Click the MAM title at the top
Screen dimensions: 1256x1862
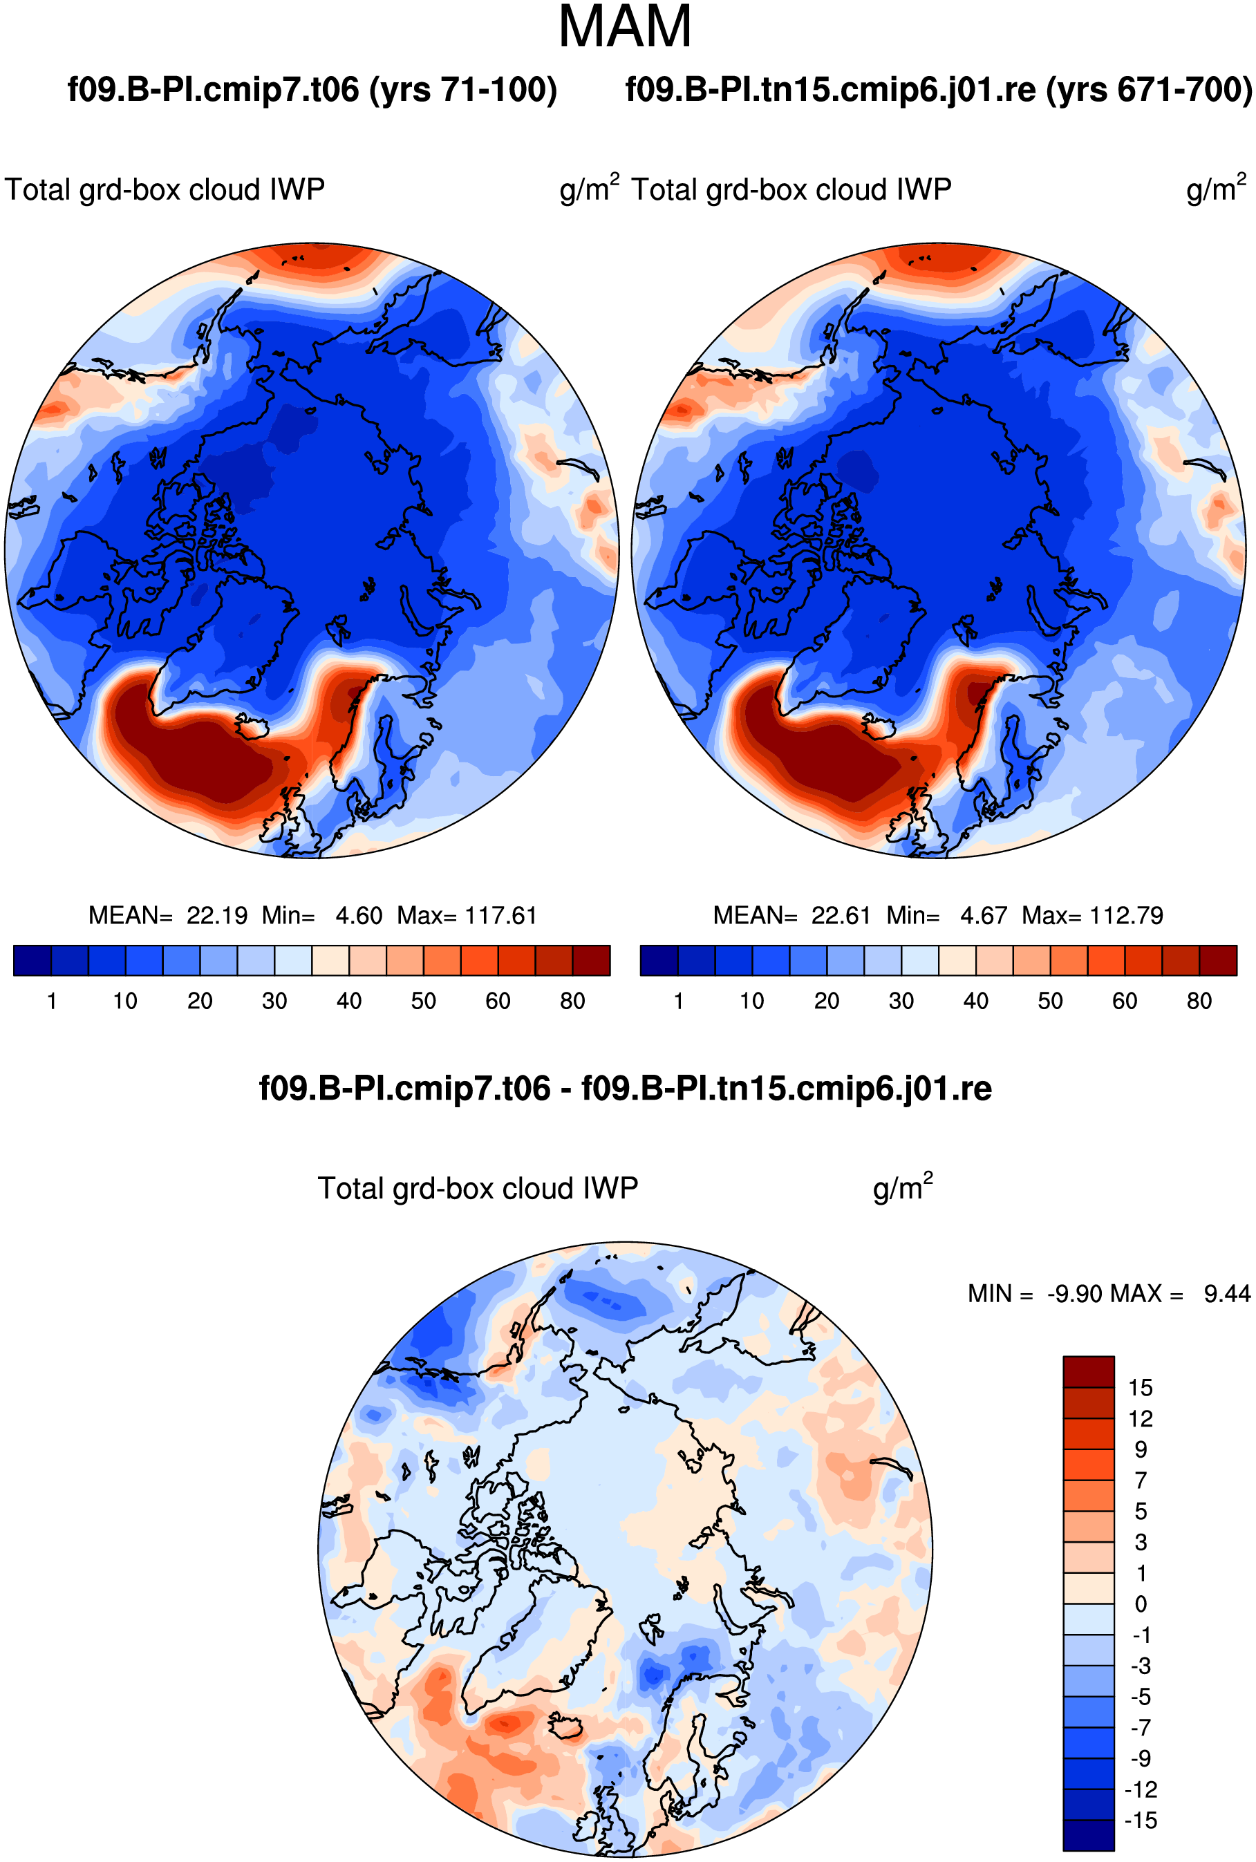click(x=625, y=27)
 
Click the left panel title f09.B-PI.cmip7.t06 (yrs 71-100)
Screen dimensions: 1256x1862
click(x=312, y=90)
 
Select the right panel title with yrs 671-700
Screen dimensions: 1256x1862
click(x=939, y=90)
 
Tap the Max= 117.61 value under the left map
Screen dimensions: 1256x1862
click(x=467, y=915)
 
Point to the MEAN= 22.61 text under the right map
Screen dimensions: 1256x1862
click(x=791, y=915)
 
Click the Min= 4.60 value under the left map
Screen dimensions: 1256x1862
click(x=322, y=915)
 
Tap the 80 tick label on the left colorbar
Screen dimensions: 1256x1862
click(x=573, y=1001)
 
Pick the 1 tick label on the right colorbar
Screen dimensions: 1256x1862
click(x=679, y=1001)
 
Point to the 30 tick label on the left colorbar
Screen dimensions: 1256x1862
click(x=274, y=1001)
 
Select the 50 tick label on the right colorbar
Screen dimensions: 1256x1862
click(x=1050, y=1001)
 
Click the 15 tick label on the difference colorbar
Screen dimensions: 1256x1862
click(x=1141, y=1388)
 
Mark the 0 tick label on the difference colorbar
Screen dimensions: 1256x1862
click(x=1141, y=1604)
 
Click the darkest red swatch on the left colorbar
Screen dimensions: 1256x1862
click(x=591, y=960)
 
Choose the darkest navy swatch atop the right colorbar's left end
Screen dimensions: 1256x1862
click(x=659, y=960)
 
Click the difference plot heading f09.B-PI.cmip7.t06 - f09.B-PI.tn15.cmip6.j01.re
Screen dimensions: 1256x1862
click(x=626, y=1089)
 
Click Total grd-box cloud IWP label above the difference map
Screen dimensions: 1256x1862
click(x=478, y=1189)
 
